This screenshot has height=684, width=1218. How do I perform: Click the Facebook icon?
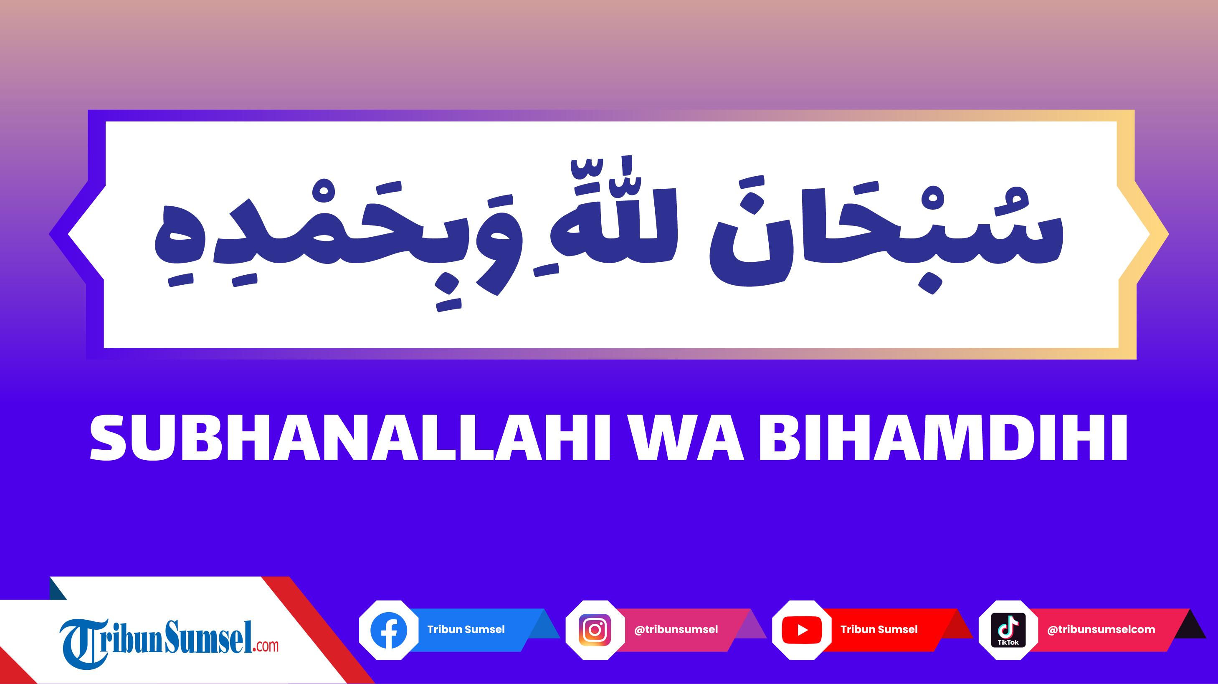389,630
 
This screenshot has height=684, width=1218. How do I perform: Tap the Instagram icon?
595,630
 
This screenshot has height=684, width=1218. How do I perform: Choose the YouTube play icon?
802,630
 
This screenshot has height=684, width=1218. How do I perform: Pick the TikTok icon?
1008,630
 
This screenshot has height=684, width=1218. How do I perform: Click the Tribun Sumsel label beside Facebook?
466,630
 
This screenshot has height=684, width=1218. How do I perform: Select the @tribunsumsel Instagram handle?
676,630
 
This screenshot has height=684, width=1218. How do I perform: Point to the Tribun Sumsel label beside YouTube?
879,630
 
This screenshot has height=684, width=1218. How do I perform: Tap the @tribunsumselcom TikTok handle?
1101,630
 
